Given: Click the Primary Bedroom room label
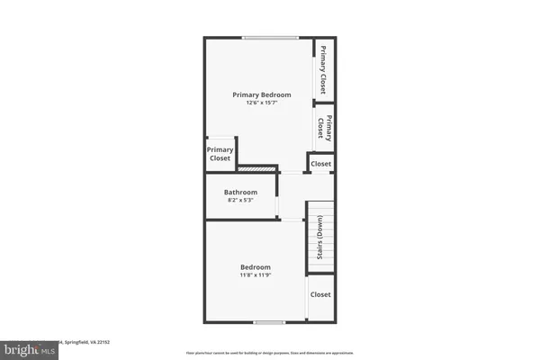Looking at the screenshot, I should tap(263, 94).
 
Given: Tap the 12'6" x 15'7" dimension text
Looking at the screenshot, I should tap(263, 103).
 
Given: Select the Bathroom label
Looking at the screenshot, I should tap(240, 192).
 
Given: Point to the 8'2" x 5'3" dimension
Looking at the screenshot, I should tap(240, 201).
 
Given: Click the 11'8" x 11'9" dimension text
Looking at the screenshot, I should tap(255, 275).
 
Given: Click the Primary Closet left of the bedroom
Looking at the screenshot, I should tap(220, 154).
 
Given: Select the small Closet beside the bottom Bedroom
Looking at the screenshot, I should tap(320, 294).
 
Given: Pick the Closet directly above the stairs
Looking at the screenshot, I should tap(320, 164).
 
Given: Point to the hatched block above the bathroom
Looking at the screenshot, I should tap(256, 168).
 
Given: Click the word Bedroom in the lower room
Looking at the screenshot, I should tap(255, 267).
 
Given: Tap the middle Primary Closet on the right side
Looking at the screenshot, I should tap(324, 128).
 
